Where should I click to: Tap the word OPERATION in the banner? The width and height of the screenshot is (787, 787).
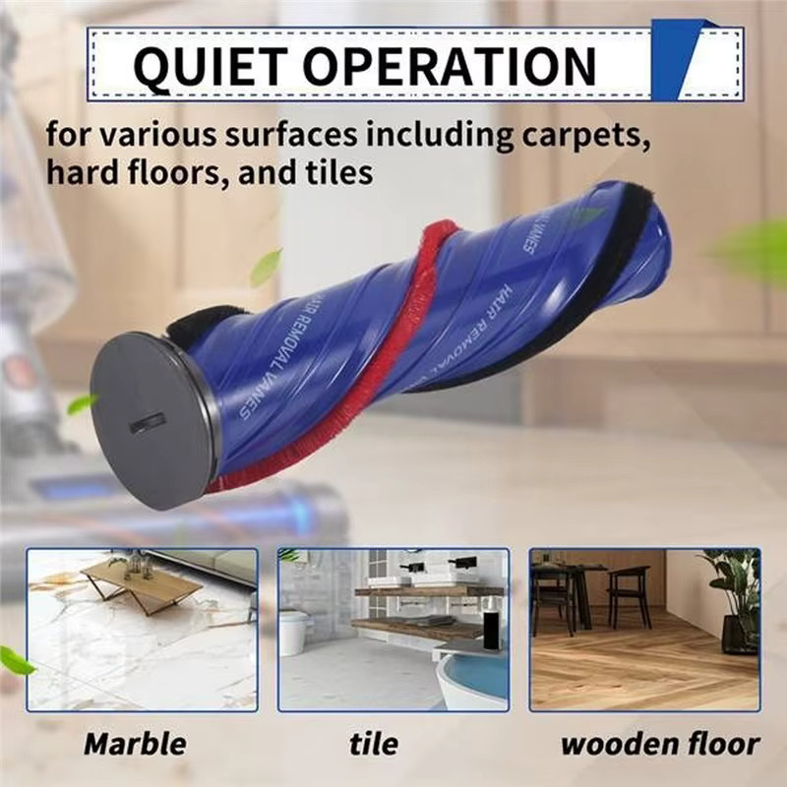450,66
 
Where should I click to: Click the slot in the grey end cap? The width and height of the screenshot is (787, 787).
149,426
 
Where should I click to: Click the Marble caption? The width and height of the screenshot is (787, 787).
135,744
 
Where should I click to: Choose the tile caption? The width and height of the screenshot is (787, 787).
374,744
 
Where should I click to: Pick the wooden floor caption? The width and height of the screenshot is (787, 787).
659,744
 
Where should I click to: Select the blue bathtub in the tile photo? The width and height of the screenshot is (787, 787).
472,679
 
